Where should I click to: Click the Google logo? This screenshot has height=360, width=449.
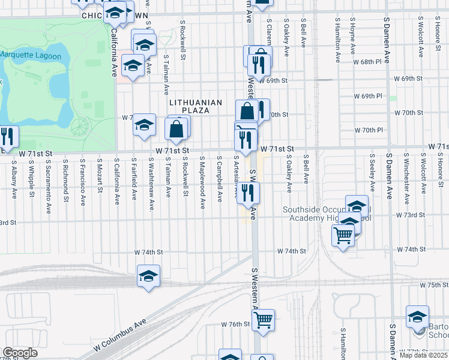click(x=20, y=352)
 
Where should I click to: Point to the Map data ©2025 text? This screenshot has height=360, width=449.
click(x=424, y=355)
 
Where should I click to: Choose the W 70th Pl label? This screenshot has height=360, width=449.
click(x=368, y=130)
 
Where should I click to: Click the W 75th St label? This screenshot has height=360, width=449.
click(x=434, y=284)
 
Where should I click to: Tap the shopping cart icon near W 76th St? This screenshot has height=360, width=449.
click(x=263, y=320)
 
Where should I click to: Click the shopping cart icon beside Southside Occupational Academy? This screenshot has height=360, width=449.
click(x=343, y=235)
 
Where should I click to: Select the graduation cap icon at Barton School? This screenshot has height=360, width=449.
click(x=417, y=316)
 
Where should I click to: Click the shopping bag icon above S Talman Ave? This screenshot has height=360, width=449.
click(x=177, y=128)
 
